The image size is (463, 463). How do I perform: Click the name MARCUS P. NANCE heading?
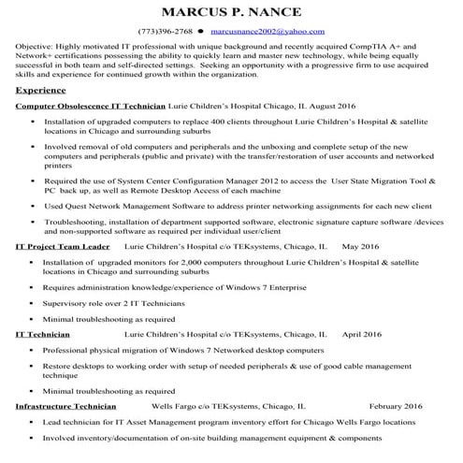point(230,13)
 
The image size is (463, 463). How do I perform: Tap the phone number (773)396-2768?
point(165,31)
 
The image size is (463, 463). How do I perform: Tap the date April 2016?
point(362,333)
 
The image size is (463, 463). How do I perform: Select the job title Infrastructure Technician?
point(66,406)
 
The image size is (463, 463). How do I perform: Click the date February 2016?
point(396,406)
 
